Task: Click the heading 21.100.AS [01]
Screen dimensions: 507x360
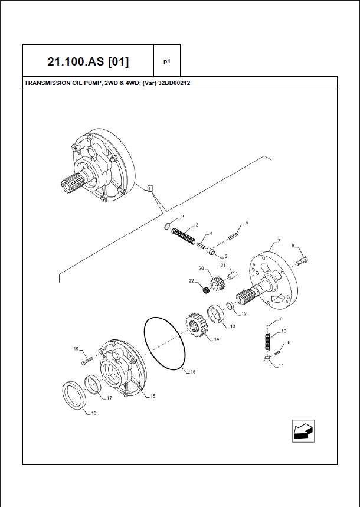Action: (x=88, y=61)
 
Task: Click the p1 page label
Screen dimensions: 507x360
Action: (x=167, y=61)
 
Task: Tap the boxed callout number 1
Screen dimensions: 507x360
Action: (x=150, y=189)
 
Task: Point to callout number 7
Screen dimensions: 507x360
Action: (x=278, y=242)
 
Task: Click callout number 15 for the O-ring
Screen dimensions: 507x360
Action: (x=192, y=372)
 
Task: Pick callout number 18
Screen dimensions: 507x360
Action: (x=94, y=413)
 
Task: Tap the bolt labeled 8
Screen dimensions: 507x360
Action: (x=304, y=259)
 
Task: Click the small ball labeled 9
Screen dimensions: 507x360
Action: (x=267, y=326)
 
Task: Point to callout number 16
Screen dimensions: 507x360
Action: (x=153, y=396)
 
